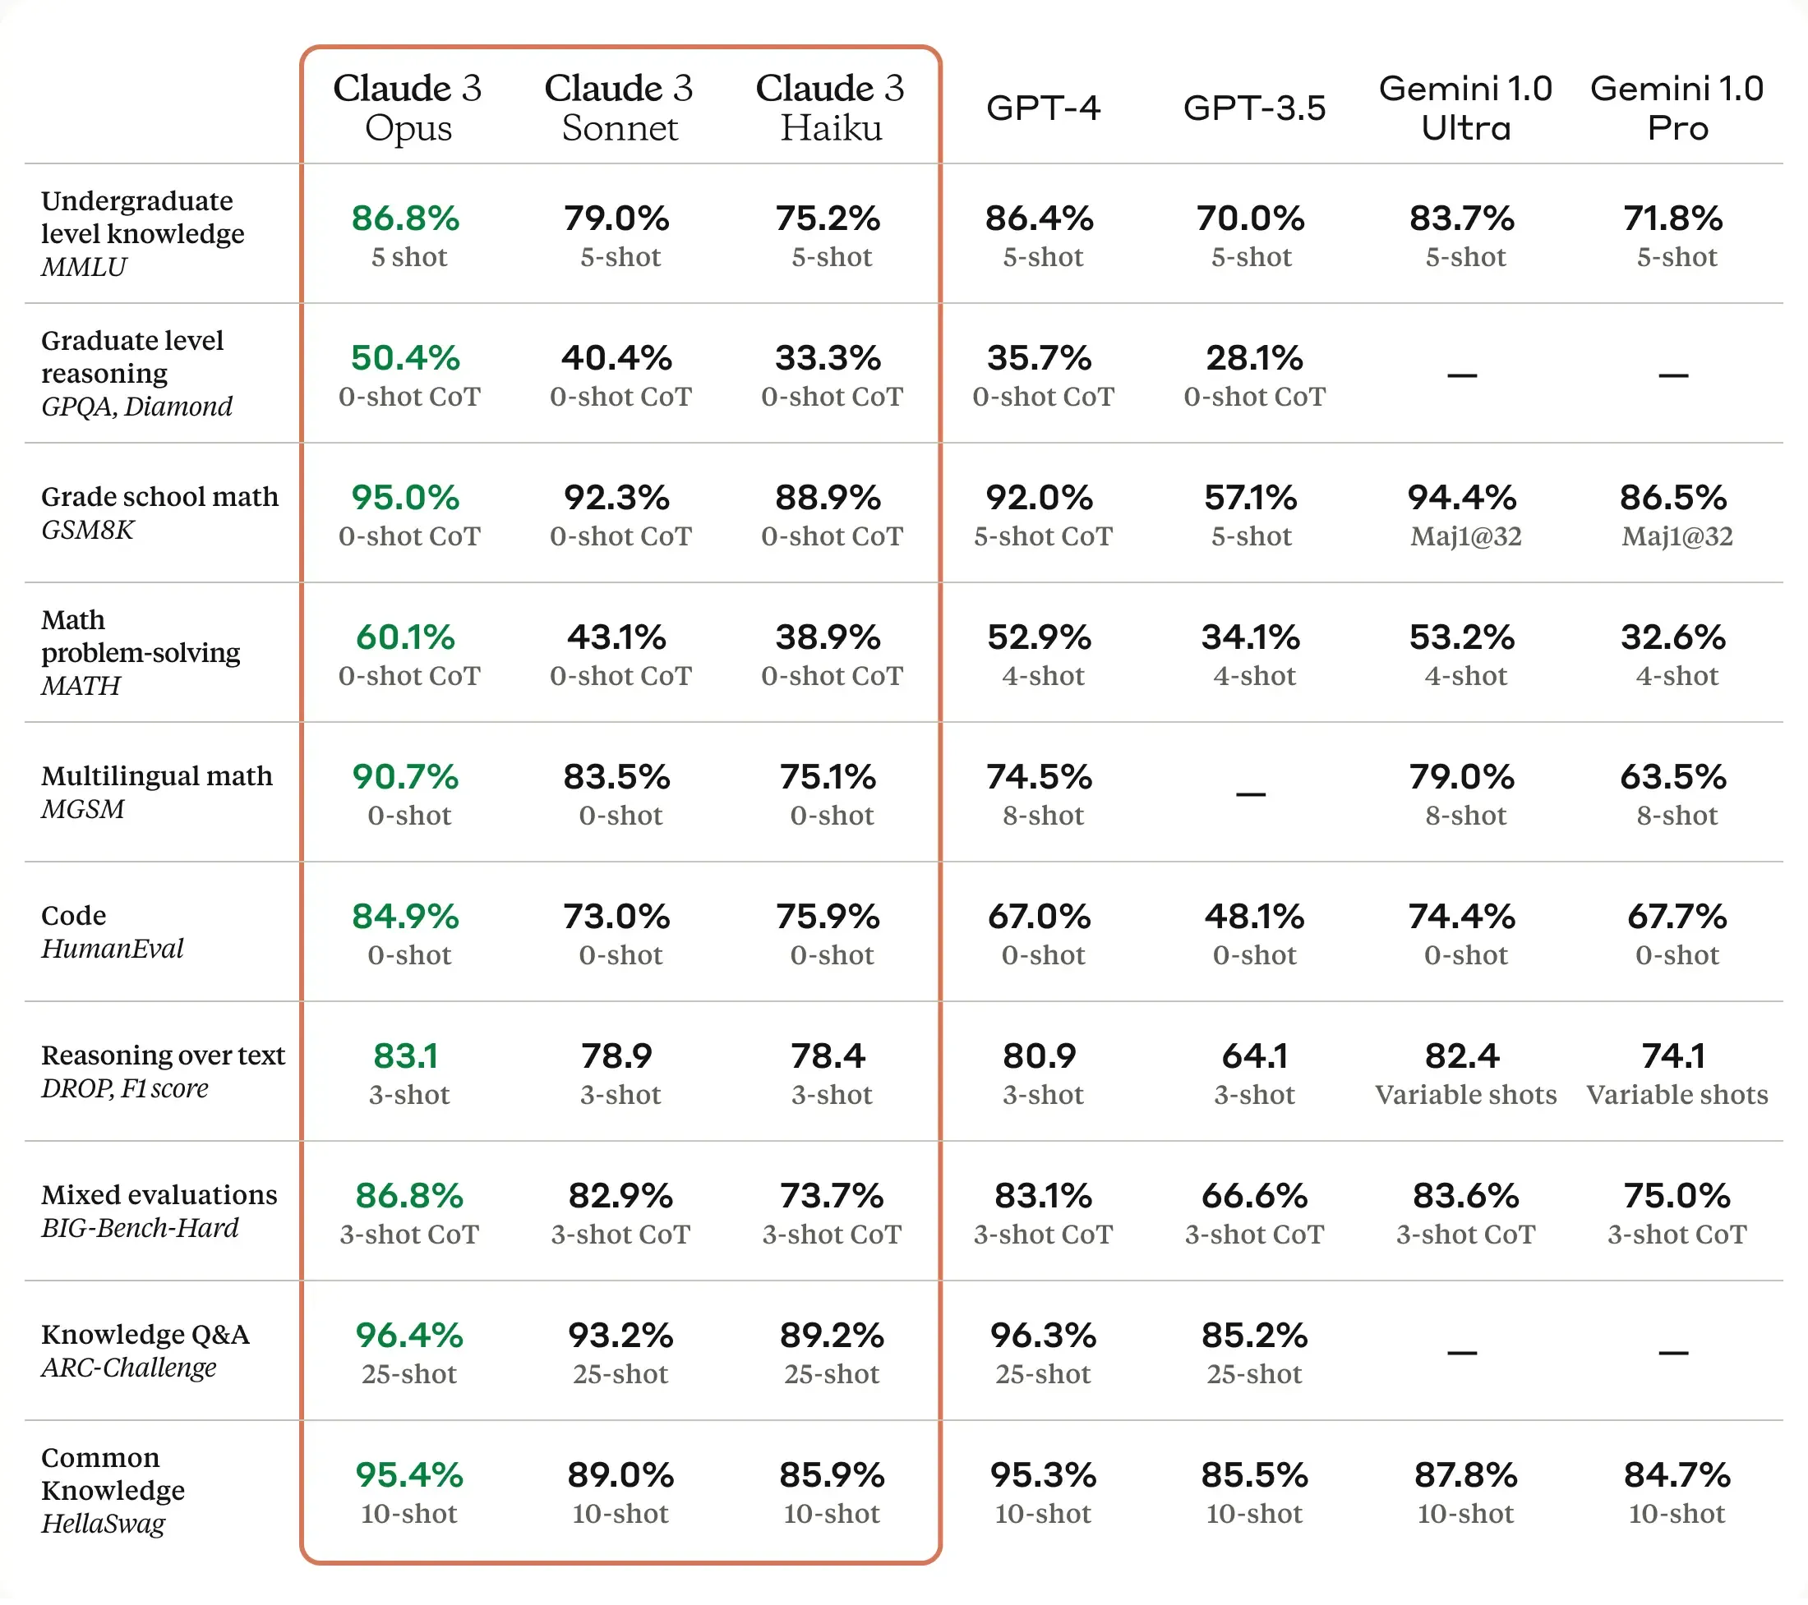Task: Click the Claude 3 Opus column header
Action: pos(408,107)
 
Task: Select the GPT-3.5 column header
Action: pos(1254,108)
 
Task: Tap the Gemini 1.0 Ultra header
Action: pos(1465,107)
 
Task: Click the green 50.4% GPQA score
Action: pos(405,358)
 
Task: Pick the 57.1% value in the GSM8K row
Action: pos(1251,498)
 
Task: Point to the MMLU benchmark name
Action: pos(84,266)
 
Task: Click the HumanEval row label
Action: pos(113,949)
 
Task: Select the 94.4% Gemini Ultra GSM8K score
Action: pos(1462,498)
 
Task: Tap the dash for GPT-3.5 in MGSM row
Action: pos(1251,794)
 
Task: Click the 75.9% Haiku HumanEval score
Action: pos(828,917)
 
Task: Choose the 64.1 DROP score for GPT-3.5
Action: pos(1254,1055)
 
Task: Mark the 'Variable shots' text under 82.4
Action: pos(1465,1095)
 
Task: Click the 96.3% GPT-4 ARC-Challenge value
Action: pos(1043,1336)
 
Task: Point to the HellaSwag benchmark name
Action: pos(104,1524)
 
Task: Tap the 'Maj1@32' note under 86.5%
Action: pos(1677,536)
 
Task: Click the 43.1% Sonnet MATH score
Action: pos(616,637)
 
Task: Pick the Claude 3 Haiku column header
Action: pos(831,107)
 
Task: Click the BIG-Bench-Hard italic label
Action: pos(140,1228)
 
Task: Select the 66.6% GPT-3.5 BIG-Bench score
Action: pos(1254,1197)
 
